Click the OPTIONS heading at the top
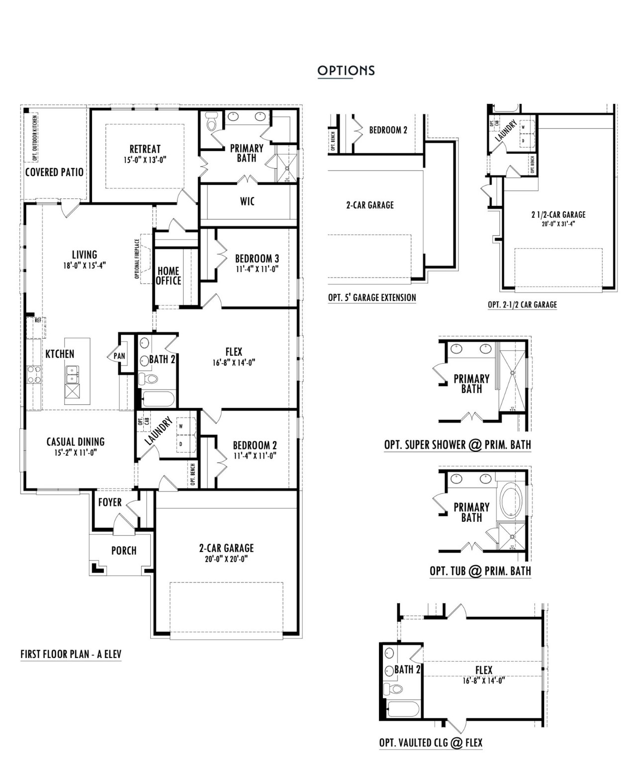point(346,71)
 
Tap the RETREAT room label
point(145,149)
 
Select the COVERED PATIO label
point(54,172)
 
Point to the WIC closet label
point(247,201)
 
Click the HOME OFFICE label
point(169,276)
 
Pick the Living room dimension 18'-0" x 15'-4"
point(85,266)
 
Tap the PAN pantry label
point(119,356)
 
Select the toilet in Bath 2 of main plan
point(148,379)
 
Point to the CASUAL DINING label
point(76,442)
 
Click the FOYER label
point(109,502)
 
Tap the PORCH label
point(124,551)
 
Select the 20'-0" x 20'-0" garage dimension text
point(226,559)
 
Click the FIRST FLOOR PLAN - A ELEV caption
point(71,654)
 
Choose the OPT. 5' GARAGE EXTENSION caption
point(372,297)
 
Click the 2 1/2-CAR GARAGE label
point(558,215)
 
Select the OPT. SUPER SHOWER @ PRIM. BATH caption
point(457,445)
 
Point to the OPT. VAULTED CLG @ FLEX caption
point(431,743)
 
